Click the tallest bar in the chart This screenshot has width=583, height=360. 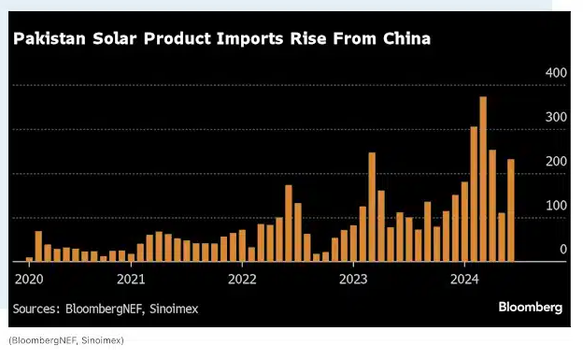[483, 179]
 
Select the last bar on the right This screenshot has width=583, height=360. [510, 210]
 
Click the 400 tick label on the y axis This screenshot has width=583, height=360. [556, 73]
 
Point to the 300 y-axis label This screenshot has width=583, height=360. [556, 117]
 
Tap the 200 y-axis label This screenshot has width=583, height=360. [556, 162]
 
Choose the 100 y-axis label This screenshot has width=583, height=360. [556, 206]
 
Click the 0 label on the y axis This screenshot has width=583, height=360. [563, 250]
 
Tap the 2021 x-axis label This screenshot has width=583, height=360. [132, 279]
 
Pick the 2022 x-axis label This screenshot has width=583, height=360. [242, 279]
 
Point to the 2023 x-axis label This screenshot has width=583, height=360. [353, 279]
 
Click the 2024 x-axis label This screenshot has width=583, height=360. [464, 279]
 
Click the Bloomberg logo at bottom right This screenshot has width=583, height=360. [530, 307]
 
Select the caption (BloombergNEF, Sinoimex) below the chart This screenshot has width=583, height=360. [65, 339]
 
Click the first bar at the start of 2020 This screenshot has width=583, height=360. [29, 259]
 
